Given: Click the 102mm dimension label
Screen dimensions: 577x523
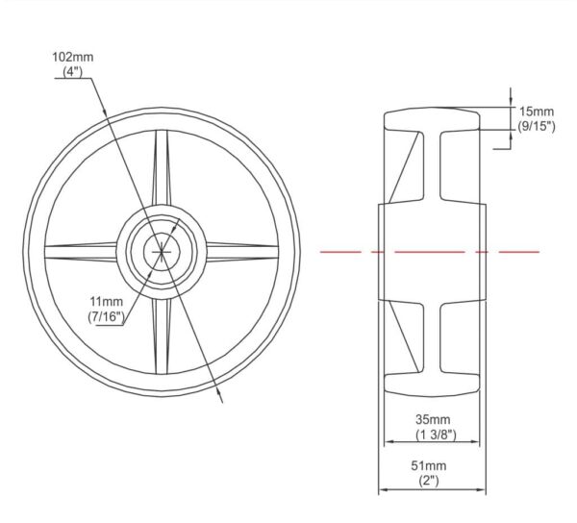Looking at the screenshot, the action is click(x=73, y=58).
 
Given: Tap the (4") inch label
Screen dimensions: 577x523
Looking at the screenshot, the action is click(x=72, y=71).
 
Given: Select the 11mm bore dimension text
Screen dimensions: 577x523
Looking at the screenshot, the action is click(x=107, y=302).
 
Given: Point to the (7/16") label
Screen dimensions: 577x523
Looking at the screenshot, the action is click(x=107, y=316).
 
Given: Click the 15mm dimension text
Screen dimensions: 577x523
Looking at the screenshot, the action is click(x=537, y=112).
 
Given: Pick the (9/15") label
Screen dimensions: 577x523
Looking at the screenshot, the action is click(x=537, y=126).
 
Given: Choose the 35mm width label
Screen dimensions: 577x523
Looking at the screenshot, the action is click(x=433, y=419).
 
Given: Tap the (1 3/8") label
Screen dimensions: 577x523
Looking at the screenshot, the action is click(x=436, y=435).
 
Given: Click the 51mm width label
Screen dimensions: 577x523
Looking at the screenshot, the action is click(x=429, y=465).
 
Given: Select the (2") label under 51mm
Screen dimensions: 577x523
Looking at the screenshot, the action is click(x=429, y=481).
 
